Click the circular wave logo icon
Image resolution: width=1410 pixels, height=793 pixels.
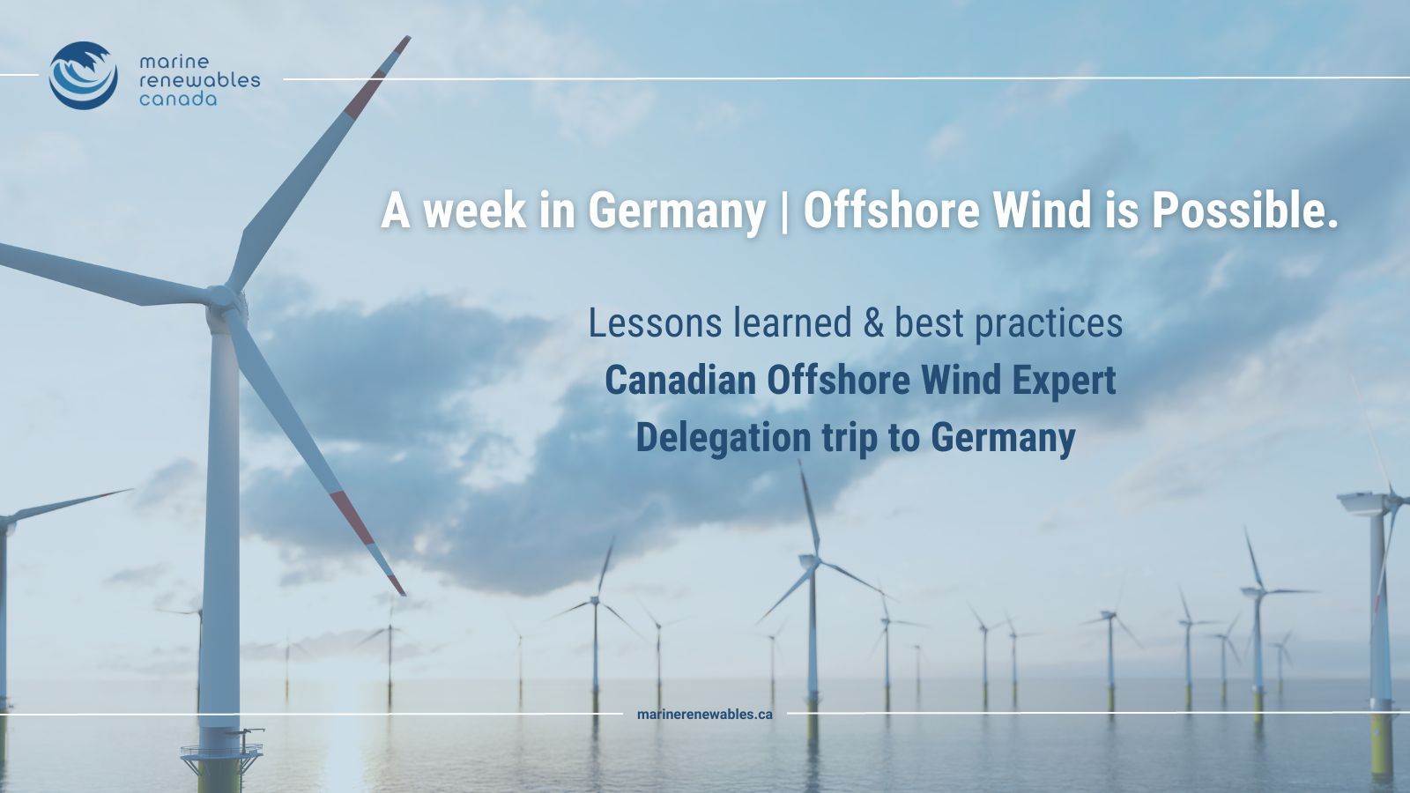click(x=83, y=76)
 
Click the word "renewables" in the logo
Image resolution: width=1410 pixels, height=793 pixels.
click(x=199, y=80)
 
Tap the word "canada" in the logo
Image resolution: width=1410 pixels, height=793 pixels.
click(x=178, y=100)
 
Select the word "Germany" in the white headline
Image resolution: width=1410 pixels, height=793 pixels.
click(x=677, y=212)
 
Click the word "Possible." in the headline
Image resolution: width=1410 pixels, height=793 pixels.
click(x=1244, y=211)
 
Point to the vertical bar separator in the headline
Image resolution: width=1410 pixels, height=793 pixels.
click(x=784, y=211)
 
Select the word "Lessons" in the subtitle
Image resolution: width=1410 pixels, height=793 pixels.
click(x=655, y=322)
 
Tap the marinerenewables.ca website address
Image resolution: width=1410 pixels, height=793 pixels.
click(x=704, y=715)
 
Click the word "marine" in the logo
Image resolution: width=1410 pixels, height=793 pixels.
click(x=174, y=62)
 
